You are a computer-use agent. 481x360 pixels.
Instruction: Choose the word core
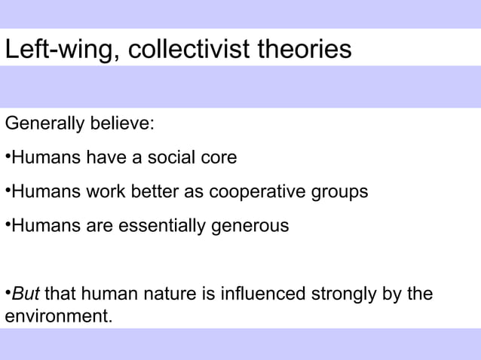pyautogui.click(x=219, y=158)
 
